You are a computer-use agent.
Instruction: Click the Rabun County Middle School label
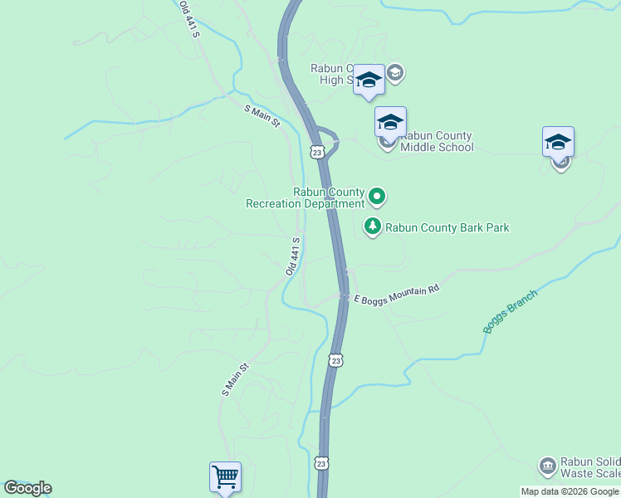point(436,142)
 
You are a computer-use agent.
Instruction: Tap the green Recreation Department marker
point(377,197)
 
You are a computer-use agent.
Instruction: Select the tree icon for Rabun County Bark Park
point(373,226)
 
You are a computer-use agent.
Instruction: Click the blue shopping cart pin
point(225,477)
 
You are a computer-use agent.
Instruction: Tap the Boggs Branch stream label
point(511,311)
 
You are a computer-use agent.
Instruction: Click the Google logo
point(27,488)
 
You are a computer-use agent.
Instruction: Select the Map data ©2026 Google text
point(570,491)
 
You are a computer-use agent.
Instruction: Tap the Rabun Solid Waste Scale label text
point(589,468)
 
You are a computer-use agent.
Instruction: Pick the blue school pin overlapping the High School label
point(369,80)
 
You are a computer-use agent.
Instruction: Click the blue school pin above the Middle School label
point(390,122)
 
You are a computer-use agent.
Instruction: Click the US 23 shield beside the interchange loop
point(317,150)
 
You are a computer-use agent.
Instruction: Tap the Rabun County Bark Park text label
point(447,227)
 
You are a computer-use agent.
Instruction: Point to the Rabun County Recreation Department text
point(306,198)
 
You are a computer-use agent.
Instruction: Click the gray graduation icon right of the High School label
point(394,73)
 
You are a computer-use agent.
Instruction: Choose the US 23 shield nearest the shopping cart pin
point(321,462)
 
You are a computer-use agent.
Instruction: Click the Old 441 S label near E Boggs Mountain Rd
point(292,256)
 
